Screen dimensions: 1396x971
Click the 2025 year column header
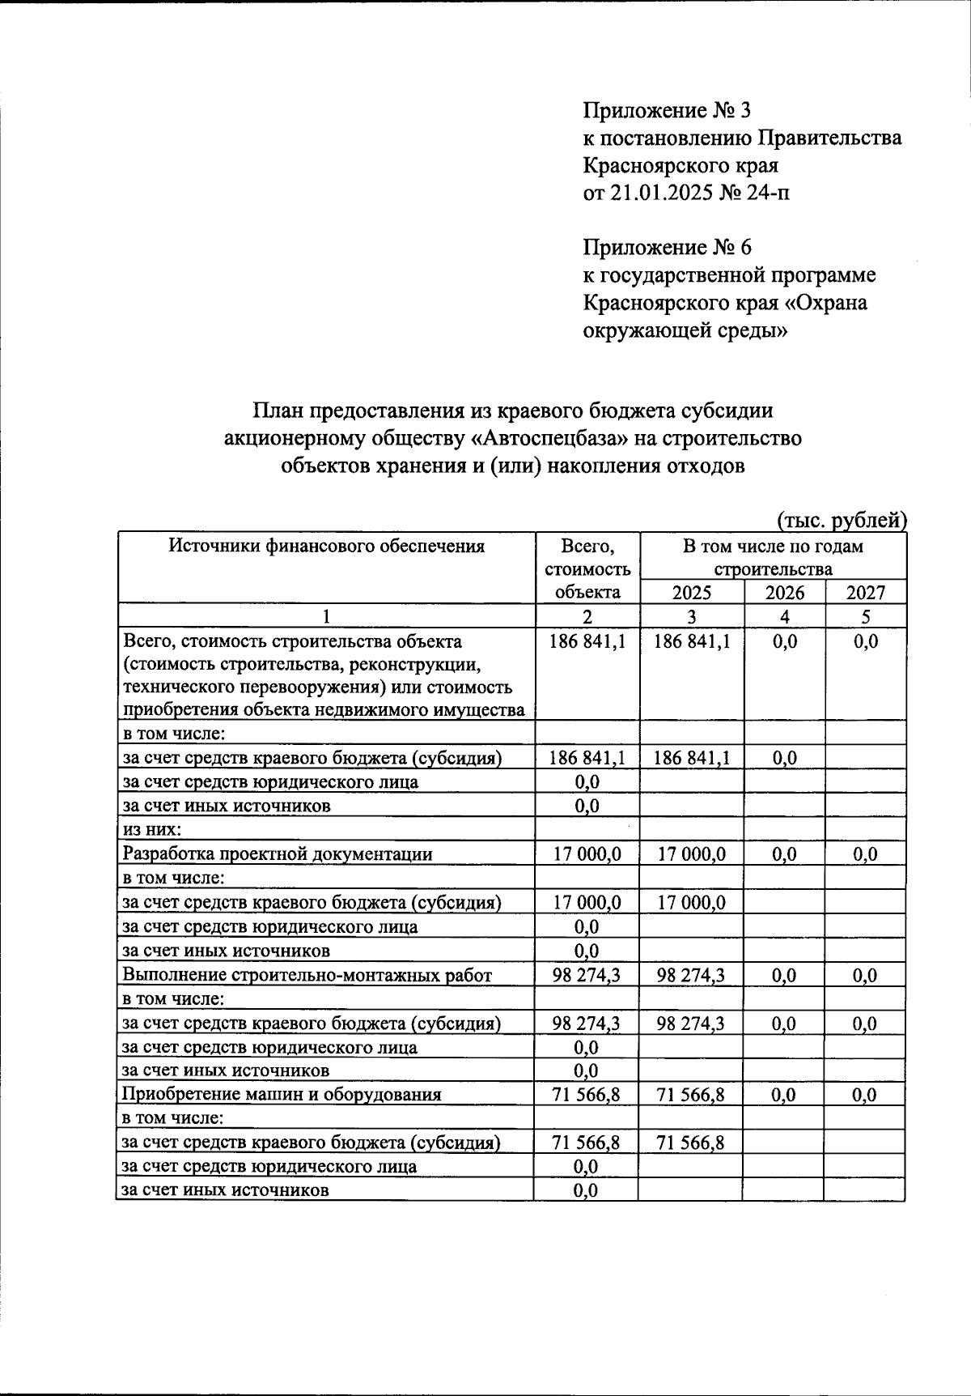coord(691,592)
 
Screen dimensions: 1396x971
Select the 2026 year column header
coord(784,592)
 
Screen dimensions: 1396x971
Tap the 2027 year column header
coord(865,592)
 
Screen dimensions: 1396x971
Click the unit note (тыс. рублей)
coord(842,519)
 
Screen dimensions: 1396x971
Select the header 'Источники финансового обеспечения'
coord(326,546)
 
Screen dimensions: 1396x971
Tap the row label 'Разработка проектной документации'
coord(277,853)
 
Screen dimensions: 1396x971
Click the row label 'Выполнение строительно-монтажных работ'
coord(307,975)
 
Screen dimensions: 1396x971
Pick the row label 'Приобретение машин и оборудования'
coord(281,1095)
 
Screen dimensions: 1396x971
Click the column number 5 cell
coord(865,616)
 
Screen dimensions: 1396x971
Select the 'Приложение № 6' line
coord(667,247)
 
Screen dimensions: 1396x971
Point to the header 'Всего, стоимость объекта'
coord(587,568)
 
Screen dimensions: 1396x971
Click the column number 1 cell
coord(326,616)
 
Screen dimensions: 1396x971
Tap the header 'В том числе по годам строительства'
coord(772,557)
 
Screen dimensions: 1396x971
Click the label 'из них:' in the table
coord(151,829)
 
